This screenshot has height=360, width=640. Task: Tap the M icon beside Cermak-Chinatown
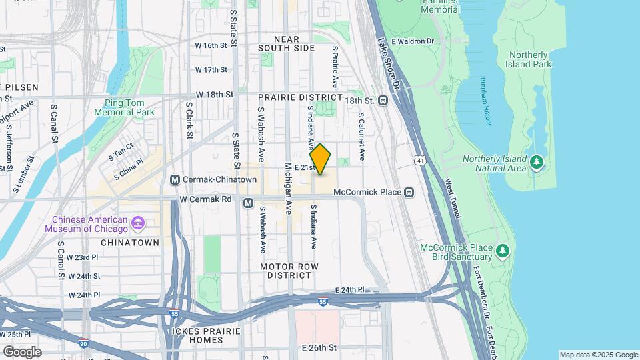pyautogui.click(x=175, y=179)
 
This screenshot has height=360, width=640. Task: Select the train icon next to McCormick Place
pyautogui.click(x=409, y=193)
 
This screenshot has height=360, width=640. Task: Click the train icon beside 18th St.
pyautogui.click(x=383, y=101)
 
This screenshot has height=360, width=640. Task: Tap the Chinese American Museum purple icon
pyautogui.click(x=137, y=221)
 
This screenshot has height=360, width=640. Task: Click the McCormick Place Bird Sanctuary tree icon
pyautogui.click(x=503, y=251)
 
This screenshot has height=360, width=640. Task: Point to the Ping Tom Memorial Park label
pyautogui.click(x=129, y=107)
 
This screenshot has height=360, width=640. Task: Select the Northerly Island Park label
pyautogui.click(x=530, y=59)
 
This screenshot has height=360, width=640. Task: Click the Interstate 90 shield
pyautogui.click(x=83, y=342)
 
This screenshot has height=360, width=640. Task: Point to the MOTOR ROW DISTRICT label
pyautogui.click(x=290, y=271)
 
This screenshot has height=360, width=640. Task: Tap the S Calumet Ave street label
pyautogui.click(x=361, y=136)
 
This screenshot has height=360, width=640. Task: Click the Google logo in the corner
pyautogui.click(x=22, y=352)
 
